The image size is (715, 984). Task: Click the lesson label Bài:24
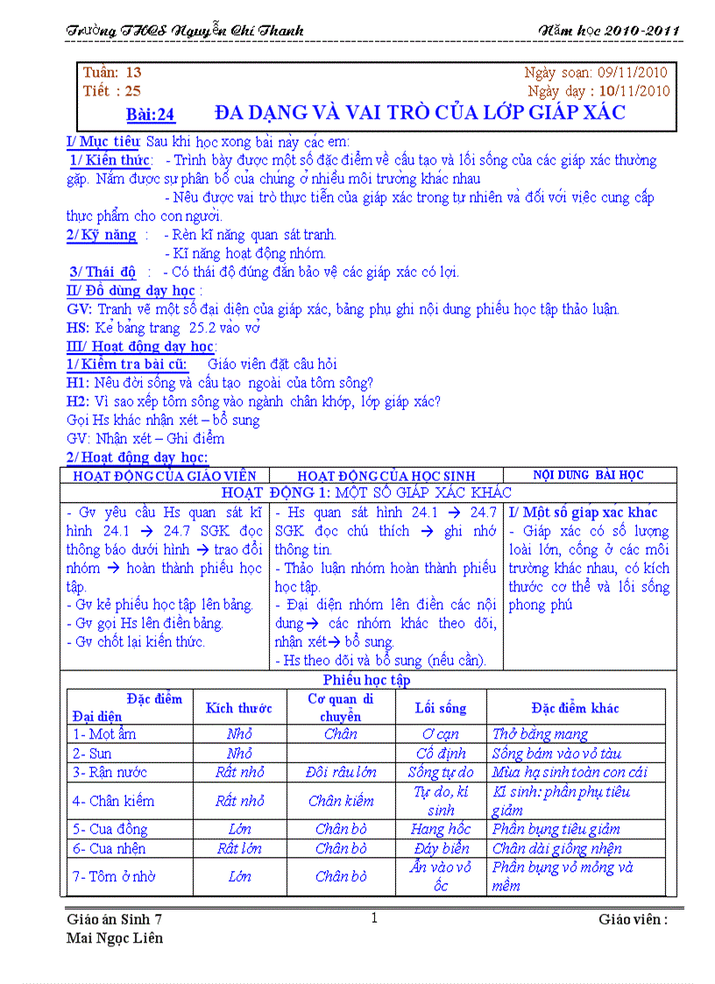pos(151,114)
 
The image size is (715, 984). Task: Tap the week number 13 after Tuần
pos(133,73)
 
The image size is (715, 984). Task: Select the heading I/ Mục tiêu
pos(103,141)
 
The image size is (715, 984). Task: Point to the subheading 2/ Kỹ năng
pos(102,235)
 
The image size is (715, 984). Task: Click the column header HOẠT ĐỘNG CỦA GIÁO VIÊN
pos(165,476)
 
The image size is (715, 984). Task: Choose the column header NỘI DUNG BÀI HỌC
pos(588,475)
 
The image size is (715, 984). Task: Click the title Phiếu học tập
pos(366,680)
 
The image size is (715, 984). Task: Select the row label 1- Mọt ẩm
pos(104,734)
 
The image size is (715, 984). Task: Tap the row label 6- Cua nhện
pos(110,848)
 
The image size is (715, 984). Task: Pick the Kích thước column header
pos(239,708)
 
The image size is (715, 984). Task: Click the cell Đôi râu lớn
pos(341,773)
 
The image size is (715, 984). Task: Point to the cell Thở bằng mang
pos(541,734)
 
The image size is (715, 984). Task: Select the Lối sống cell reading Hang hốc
pos(441,829)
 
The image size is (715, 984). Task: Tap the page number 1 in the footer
pos(374,918)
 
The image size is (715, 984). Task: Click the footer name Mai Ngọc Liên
pos(115,938)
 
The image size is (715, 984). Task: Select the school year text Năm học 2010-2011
pos(610,32)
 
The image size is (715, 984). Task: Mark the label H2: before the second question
pos(78,402)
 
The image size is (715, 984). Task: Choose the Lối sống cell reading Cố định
pos(441,754)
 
